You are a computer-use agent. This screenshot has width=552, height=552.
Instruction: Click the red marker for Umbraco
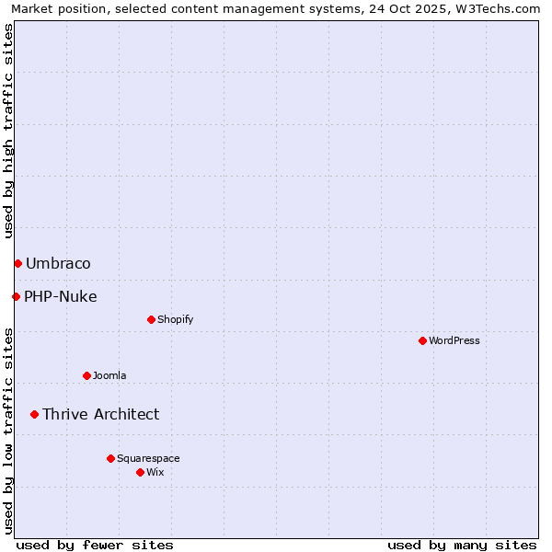click(17, 264)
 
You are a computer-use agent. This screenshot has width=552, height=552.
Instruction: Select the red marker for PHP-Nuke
click(16, 296)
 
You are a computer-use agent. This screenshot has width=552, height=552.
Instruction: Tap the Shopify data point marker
click(151, 320)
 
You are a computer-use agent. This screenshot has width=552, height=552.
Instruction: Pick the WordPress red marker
click(422, 341)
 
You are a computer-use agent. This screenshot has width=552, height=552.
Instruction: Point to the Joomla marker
click(86, 375)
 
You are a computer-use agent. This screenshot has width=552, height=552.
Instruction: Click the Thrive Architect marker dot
click(34, 414)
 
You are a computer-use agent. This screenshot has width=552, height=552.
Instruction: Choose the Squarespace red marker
click(110, 458)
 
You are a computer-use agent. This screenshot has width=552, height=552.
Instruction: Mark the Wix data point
click(140, 472)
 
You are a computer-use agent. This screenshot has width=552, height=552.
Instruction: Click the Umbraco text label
click(58, 264)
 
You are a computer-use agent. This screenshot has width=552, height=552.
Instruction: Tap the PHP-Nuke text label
click(61, 296)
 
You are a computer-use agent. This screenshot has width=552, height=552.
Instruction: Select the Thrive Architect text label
click(100, 414)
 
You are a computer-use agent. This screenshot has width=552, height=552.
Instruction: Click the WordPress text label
click(454, 341)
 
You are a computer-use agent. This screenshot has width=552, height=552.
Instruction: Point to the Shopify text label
click(176, 320)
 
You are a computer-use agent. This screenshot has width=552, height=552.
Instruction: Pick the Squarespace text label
click(148, 458)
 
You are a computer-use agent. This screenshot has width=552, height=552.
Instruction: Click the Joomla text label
click(109, 375)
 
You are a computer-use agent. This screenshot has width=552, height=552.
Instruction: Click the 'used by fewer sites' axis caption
click(95, 545)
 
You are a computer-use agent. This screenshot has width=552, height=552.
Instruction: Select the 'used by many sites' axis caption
click(462, 545)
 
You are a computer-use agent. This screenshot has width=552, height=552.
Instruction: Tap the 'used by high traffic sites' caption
click(9, 131)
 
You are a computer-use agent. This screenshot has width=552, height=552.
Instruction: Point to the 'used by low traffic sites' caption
click(9, 431)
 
